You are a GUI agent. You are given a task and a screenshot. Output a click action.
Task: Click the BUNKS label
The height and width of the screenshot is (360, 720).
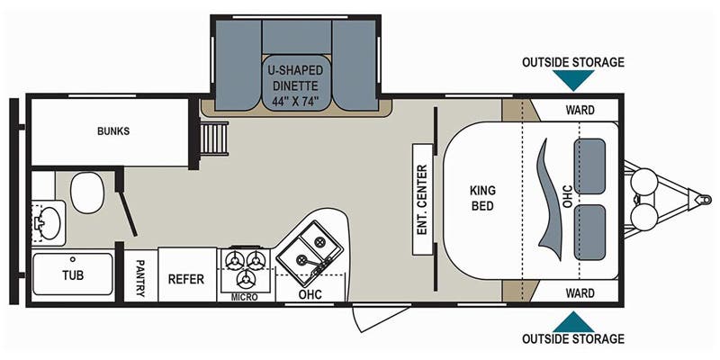click(113, 131)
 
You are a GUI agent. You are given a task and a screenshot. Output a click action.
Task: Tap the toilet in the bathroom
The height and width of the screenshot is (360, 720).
click(87, 193)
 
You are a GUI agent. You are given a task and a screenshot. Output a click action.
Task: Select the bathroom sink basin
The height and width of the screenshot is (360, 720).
click(49, 222)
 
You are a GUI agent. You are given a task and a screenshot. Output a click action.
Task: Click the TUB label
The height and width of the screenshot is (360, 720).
click(73, 275)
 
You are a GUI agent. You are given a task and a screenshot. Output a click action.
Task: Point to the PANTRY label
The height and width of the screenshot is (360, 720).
click(140, 278)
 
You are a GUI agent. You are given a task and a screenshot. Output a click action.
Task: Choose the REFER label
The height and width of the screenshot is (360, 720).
click(186, 279)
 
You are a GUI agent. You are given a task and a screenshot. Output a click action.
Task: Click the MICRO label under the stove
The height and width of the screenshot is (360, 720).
click(244, 297)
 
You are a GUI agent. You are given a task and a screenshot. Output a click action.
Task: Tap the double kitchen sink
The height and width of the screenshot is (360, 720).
click(310, 247)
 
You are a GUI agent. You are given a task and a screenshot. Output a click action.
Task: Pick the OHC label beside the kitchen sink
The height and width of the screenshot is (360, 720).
click(310, 294)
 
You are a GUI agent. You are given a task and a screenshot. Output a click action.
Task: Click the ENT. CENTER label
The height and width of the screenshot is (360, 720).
click(422, 199)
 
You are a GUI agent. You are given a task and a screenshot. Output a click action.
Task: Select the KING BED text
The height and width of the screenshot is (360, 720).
click(482, 197)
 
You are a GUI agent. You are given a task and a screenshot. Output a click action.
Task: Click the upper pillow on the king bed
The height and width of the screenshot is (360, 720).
click(590, 166)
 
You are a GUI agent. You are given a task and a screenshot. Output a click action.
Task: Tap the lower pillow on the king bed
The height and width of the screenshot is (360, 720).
click(590, 232)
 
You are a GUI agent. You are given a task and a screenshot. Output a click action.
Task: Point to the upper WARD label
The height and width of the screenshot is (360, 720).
click(580, 110)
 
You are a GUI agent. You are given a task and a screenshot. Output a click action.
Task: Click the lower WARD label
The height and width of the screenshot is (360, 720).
click(580, 292)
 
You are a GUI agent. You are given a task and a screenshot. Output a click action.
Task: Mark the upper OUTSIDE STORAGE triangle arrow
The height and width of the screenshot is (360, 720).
click(573, 78)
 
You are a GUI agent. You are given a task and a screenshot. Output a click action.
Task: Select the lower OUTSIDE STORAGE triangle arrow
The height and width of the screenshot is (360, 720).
click(573, 323)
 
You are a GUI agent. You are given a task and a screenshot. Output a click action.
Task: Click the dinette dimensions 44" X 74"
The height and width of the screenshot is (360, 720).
click(296, 101)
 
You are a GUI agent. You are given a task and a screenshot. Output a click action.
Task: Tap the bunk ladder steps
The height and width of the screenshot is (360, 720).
click(214, 139)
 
